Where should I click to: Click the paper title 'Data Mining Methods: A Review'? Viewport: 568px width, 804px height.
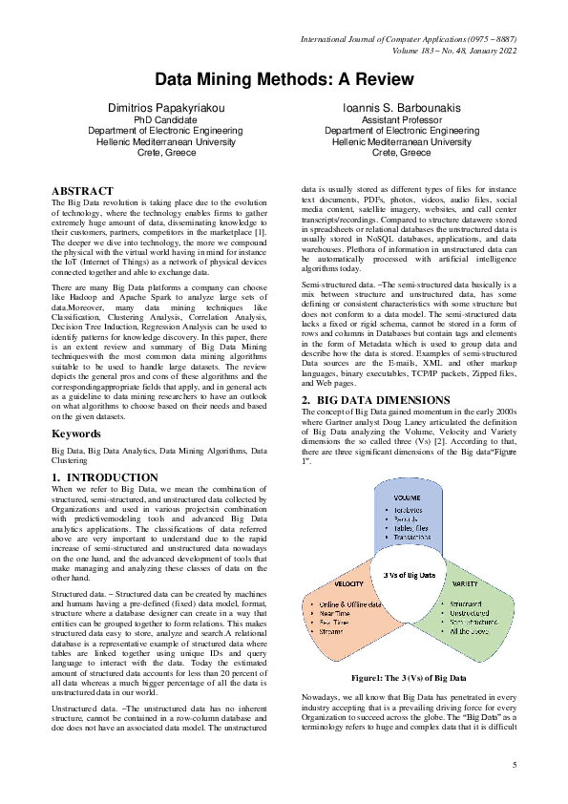tap(284, 79)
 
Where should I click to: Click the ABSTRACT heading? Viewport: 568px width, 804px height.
tap(82, 191)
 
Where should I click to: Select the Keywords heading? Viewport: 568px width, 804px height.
tap(76, 433)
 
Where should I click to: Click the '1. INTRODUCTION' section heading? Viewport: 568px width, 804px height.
tap(104, 476)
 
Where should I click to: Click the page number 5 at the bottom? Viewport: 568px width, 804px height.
tap(514, 766)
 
